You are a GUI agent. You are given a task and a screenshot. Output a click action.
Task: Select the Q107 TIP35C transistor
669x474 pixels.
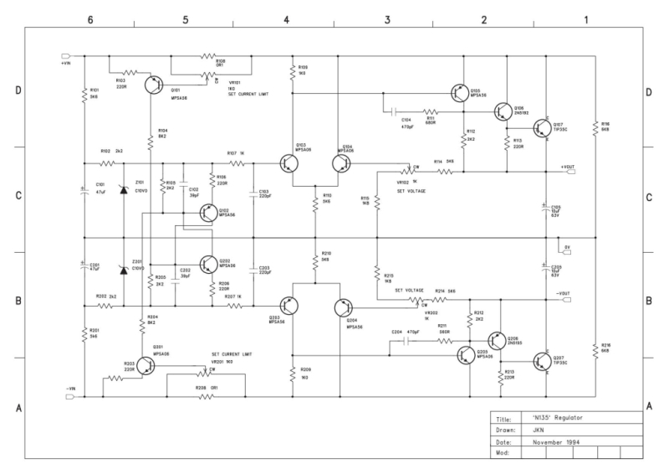(543, 126)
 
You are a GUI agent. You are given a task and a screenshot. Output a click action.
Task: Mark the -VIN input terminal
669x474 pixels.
(66, 396)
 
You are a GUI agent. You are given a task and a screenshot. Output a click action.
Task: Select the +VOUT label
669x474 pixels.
(569, 165)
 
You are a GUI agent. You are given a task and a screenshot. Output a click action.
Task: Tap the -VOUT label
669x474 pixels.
(561, 292)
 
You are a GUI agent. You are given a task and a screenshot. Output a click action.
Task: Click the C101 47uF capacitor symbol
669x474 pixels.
(84, 192)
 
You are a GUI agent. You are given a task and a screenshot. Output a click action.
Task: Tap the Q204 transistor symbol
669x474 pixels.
(344, 307)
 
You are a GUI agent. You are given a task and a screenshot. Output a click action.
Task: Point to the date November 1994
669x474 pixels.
(562, 441)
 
